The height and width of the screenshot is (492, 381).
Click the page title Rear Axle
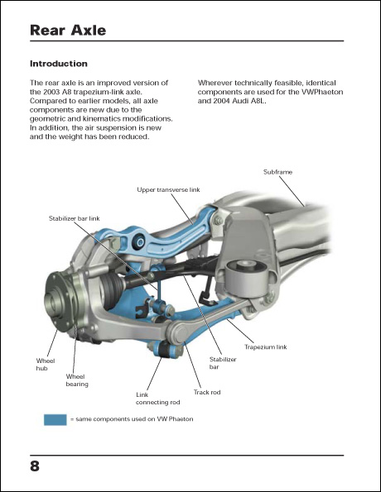68,31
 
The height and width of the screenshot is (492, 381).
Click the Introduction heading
58,64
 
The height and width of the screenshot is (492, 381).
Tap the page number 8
35,466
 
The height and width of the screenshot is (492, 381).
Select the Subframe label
277,172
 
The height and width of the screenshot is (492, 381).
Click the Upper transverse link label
168,189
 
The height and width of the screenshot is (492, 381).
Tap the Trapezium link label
265,347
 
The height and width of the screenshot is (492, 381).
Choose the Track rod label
206,392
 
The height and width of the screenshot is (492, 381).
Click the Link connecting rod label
157,399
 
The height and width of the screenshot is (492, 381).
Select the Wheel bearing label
76,380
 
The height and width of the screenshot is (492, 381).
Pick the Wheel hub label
45,365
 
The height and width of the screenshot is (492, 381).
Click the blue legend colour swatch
55,420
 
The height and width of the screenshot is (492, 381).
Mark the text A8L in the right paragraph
271,102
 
